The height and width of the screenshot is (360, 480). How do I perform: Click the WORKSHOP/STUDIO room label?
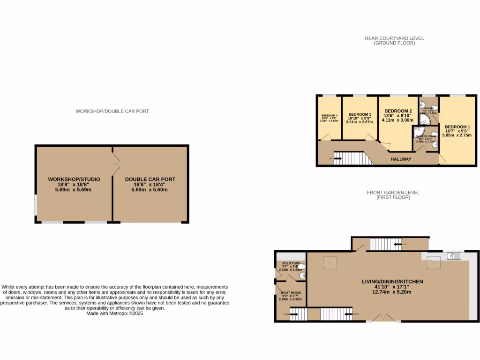pyautogui.click(x=74, y=179)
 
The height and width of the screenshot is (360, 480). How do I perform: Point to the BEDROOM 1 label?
pyautogui.click(x=457, y=127)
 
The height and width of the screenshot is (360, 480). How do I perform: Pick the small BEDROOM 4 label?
pyautogui.click(x=329, y=116)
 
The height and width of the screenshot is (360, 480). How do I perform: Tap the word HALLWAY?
pyautogui.click(x=401, y=159)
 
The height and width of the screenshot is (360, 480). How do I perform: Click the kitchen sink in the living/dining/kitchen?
pyautogui.click(x=454, y=256)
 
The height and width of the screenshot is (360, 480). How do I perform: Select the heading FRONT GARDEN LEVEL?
pyautogui.click(x=394, y=192)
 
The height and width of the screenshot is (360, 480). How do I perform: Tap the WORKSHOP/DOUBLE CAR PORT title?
pyautogui.click(x=112, y=111)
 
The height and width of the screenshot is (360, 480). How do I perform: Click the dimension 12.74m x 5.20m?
pyautogui.click(x=392, y=292)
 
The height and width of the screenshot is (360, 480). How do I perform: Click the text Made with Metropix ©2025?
pyautogui.click(x=114, y=314)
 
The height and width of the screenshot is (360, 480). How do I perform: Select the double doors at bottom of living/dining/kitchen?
pyautogui.click(x=383, y=317)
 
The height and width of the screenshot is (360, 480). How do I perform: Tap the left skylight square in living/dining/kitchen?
pyautogui.click(x=327, y=263)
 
